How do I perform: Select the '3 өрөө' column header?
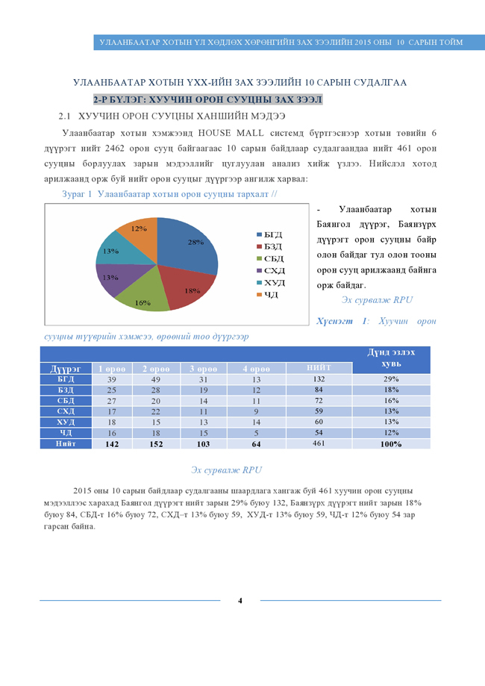coord(204,368)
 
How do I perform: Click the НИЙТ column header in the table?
coord(318,367)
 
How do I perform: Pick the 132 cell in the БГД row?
coord(318,379)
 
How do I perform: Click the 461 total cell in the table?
coord(318,444)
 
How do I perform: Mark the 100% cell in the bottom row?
coord(391,444)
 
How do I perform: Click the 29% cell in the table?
coord(391,379)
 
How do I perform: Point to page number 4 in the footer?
coord(240,600)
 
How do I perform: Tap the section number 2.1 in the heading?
coord(64,116)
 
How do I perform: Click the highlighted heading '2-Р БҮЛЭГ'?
coord(207,99)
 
